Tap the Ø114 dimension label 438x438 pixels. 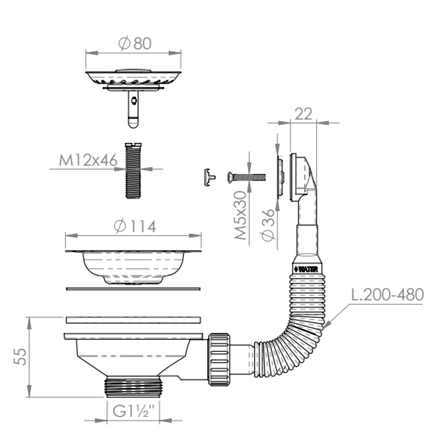(x=134, y=226)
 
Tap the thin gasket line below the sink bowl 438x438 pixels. (x=133, y=288)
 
